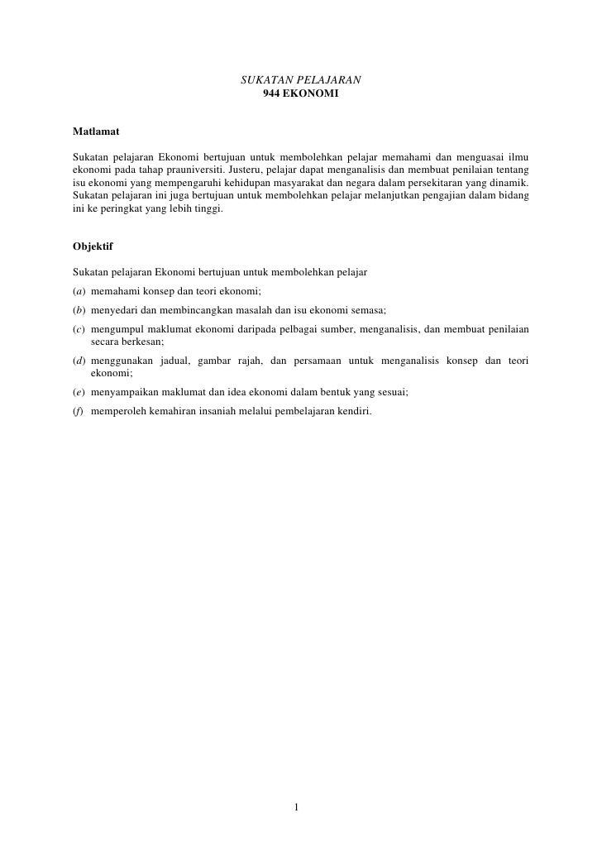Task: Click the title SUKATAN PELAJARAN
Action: click(300, 80)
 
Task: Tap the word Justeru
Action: click(241, 170)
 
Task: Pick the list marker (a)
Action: click(79, 291)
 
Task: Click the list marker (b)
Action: click(79, 310)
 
